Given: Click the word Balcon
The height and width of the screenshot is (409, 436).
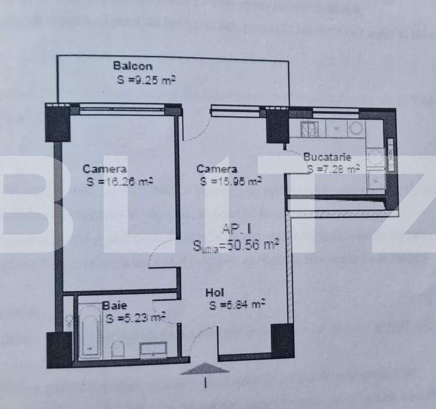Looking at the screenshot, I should pos(132,66).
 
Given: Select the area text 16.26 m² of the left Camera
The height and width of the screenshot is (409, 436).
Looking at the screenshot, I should pos(119,182).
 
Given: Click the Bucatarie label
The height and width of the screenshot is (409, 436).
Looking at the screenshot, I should pos(327,158).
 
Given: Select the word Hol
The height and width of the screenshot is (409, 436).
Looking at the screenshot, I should pos(214,292).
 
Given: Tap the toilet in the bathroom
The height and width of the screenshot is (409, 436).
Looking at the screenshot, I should pos(117,349).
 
